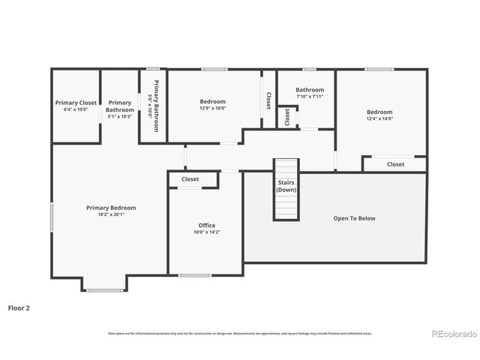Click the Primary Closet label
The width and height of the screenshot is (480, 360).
[x=76, y=103]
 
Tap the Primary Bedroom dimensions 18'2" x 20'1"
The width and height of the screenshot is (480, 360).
[x=111, y=214]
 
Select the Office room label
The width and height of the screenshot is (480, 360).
[x=206, y=225]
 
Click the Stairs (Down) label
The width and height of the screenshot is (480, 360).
[x=286, y=186]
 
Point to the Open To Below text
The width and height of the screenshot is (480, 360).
[x=354, y=218]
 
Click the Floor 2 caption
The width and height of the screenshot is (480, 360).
[x=19, y=307]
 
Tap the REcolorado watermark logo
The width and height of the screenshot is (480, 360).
[x=451, y=333]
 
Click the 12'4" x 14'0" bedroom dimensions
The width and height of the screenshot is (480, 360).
[x=379, y=118]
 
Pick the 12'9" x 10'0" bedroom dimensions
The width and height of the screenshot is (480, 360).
[x=212, y=108]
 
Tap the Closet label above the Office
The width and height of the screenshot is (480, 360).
[x=190, y=179]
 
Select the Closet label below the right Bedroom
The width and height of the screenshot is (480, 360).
[x=395, y=164]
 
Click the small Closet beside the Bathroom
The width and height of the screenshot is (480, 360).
[x=286, y=118]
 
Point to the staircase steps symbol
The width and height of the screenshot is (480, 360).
[x=285, y=206]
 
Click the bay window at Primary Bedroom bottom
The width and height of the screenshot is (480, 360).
[x=105, y=289]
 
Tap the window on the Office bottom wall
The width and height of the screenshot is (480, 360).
[x=194, y=275]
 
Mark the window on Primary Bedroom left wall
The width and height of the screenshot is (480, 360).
[x=51, y=217]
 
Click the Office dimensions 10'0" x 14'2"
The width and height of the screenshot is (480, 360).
[x=206, y=232]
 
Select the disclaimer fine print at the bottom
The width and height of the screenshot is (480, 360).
[x=240, y=333]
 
